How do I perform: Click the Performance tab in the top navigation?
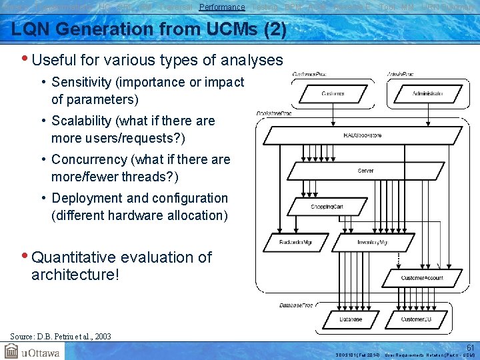pyautogui.click(x=222, y=7)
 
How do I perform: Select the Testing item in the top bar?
pyautogui.click(x=265, y=7)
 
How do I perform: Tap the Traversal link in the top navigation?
pyautogui.click(x=177, y=7)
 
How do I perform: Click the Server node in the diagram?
pyautogui.click(x=365, y=171)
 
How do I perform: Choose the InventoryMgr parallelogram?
pyautogui.click(x=373, y=243)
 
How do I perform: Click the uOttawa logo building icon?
pyautogui.click(x=13, y=351)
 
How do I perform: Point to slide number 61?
pyautogui.click(x=470, y=347)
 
